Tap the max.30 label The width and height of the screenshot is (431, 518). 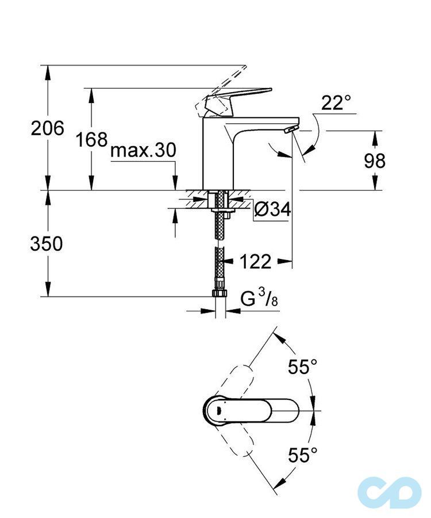click(x=143, y=151)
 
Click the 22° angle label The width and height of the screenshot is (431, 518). click(x=336, y=103)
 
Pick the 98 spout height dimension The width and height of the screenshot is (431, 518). click(x=375, y=161)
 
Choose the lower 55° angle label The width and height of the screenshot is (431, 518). click(x=303, y=456)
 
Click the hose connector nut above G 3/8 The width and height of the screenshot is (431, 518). click(x=219, y=293)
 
